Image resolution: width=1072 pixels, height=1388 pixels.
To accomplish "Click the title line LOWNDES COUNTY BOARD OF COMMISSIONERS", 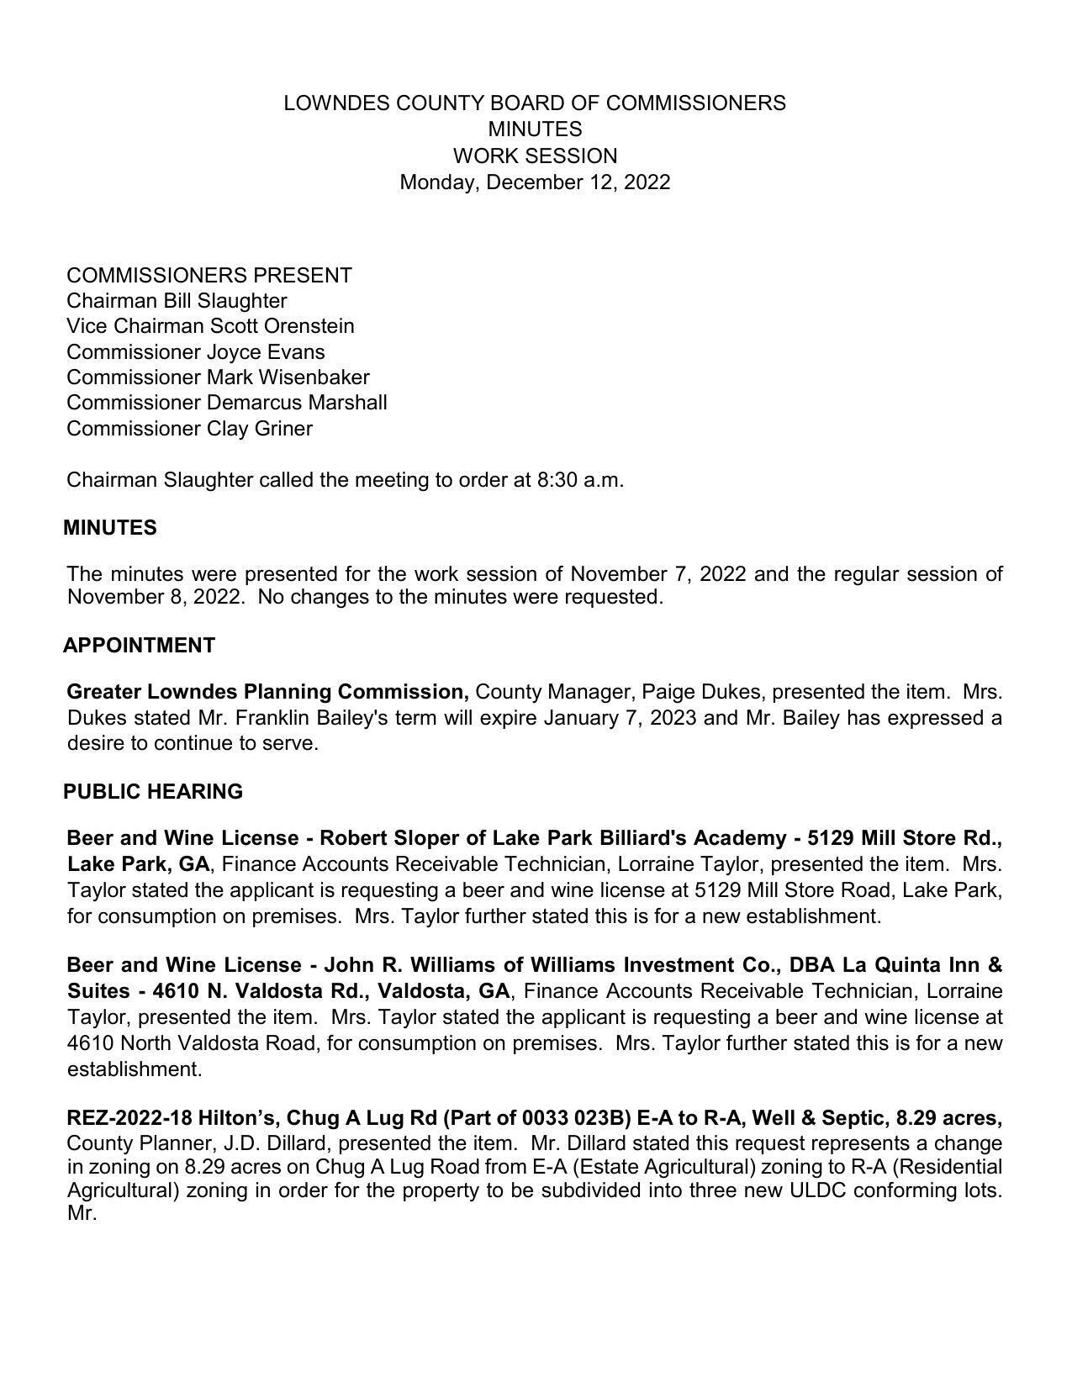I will pyautogui.click(x=535, y=103).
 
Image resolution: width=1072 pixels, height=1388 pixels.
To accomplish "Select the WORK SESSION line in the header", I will pyautogui.click(x=535, y=156).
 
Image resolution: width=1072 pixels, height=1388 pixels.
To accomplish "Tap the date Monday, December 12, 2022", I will pyautogui.click(x=535, y=182).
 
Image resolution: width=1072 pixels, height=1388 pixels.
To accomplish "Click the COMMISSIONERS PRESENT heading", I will pyautogui.click(x=209, y=276).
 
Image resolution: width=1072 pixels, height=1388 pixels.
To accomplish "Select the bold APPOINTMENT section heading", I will pyautogui.click(x=140, y=646).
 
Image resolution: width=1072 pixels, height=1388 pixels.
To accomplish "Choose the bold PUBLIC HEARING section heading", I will pyautogui.click(x=153, y=792).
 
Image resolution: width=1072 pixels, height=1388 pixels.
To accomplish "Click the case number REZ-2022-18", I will pyautogui.click(x=129, y=1118).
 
